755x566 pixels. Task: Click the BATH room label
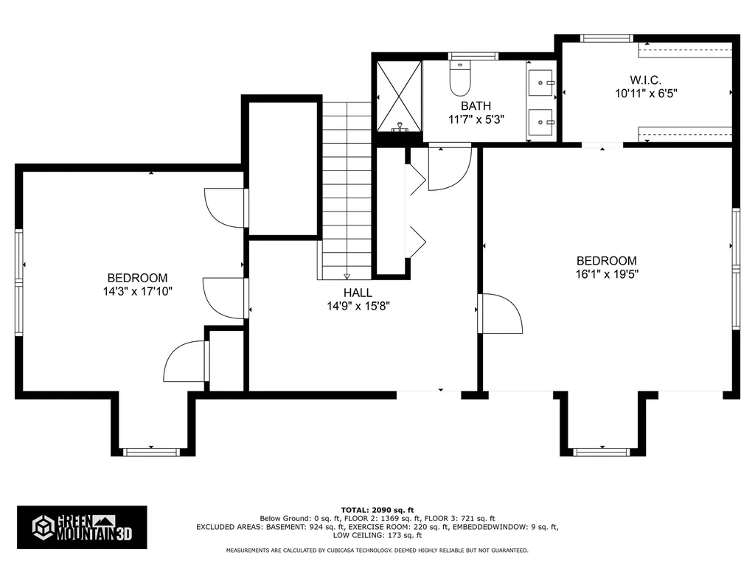point(476,106)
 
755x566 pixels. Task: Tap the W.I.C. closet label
point(645,80)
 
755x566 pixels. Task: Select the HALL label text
point(358,293)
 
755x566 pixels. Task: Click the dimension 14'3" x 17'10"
point(138,291)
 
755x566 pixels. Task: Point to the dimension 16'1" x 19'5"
point(606,274)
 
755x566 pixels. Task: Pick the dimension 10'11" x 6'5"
point(645,94)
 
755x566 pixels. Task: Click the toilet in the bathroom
point(461,80)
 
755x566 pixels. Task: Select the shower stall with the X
point(399,97)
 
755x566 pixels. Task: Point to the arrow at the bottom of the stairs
point(347,276)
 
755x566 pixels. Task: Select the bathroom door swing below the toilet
point(448,168)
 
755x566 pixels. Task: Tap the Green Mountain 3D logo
point(82,526)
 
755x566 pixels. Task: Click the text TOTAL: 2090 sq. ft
point(377,510)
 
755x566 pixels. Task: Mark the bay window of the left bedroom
point(151,451)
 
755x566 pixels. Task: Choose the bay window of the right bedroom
point(602,451)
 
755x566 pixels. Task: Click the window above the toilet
point(473,56)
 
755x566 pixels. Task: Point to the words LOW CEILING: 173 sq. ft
point(377,535)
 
